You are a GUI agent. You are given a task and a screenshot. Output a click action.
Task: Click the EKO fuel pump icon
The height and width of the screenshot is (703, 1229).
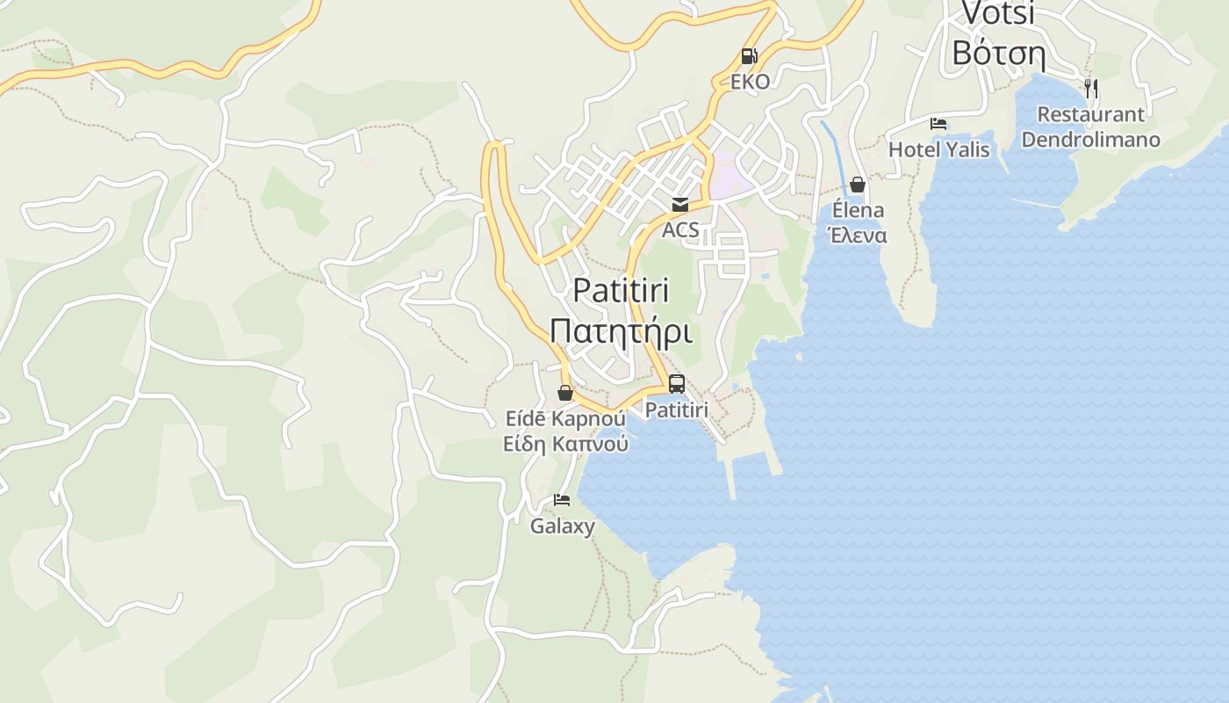(749, 56)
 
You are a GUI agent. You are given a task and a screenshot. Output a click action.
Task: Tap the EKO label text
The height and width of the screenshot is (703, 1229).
(750, 82)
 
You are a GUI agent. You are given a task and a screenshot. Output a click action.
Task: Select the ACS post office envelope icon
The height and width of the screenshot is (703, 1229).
(680, 205)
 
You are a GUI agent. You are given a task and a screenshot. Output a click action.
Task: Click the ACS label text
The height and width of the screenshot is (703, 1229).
(680, 230)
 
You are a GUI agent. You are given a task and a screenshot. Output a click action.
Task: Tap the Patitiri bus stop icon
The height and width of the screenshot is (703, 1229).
(676, 384)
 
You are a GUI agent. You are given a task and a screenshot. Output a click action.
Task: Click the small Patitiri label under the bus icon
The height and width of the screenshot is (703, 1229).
(676, 409)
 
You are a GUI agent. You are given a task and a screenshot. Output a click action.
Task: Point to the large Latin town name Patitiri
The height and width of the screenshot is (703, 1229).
(621, 290)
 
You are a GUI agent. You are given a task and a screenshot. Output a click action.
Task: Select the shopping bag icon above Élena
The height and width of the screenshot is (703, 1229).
(858, 185)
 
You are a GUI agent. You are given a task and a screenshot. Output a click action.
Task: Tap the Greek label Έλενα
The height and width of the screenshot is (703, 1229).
(858, 236)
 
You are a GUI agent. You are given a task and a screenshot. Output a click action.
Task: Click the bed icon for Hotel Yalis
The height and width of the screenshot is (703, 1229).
(938, 124)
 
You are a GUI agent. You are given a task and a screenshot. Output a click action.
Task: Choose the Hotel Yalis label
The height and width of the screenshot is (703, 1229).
(938, 149)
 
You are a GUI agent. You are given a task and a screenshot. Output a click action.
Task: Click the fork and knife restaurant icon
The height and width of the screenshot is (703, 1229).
(1090, 88)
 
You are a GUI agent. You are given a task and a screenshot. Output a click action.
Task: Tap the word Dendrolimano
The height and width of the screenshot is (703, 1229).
(1090, 140)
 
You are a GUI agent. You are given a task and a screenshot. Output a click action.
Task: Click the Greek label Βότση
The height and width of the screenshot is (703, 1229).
(998, 54)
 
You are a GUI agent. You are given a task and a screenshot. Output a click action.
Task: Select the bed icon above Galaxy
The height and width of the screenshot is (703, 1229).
(562, 501)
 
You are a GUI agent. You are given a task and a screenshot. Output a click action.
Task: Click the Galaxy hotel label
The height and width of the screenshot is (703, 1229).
(562, 526)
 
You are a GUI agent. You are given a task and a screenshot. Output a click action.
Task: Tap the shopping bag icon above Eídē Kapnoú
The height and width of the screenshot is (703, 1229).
(565, 393)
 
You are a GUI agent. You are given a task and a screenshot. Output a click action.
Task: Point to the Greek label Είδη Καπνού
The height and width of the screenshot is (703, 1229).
(565, 444)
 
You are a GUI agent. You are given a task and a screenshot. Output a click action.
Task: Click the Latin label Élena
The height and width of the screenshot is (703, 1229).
(858, 211)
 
